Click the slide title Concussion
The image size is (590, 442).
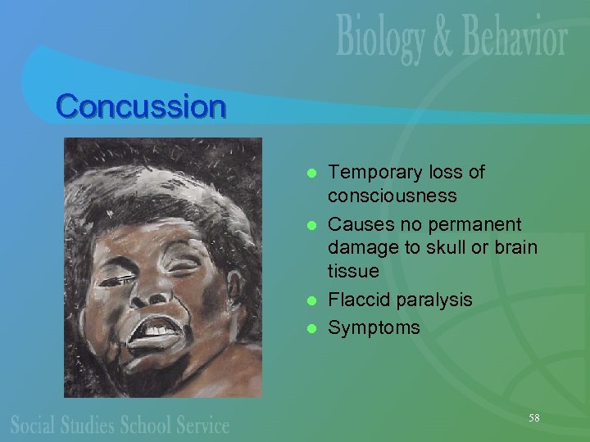click(140, 106)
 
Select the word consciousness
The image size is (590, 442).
click(392, 197)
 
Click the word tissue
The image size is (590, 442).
click(353, 271)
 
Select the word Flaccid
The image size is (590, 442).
click(359, 300)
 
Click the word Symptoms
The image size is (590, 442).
click(374, 328)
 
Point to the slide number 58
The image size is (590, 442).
click(533, 418)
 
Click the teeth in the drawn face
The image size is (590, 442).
click(153, 328)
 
